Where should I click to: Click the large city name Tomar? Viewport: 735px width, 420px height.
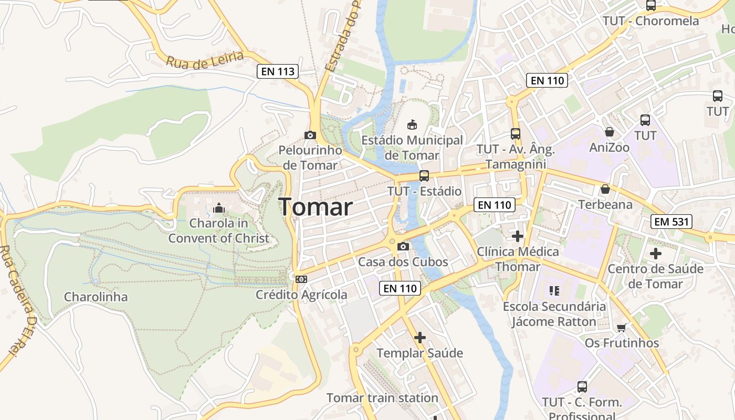316,207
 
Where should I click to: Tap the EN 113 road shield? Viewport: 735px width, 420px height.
278,71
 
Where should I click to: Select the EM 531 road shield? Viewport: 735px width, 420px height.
673,222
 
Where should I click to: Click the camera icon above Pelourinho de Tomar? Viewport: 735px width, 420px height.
310,135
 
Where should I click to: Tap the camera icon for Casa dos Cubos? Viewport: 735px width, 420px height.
403,246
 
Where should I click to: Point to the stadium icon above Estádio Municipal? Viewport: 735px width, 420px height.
412,125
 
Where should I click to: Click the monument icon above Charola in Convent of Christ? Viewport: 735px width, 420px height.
218,208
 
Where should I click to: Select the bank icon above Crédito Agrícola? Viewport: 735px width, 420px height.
301,279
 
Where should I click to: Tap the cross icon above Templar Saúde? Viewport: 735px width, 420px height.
420,338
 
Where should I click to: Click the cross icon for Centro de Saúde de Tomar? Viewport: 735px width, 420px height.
656,254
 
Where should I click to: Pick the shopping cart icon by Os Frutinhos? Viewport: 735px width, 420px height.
622,328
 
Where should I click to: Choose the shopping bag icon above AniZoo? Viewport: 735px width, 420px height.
610,131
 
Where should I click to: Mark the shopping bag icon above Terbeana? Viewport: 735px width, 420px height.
605,189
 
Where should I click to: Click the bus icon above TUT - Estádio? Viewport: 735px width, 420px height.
424,176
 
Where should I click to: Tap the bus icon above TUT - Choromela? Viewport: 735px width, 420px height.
651,6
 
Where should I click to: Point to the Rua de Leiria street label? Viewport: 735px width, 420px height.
205,60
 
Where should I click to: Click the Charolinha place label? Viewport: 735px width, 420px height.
96,297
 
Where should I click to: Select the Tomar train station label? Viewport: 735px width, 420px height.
382,398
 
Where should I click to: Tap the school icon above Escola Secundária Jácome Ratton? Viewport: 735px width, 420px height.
554,290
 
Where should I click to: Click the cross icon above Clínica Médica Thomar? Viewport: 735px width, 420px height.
518,236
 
